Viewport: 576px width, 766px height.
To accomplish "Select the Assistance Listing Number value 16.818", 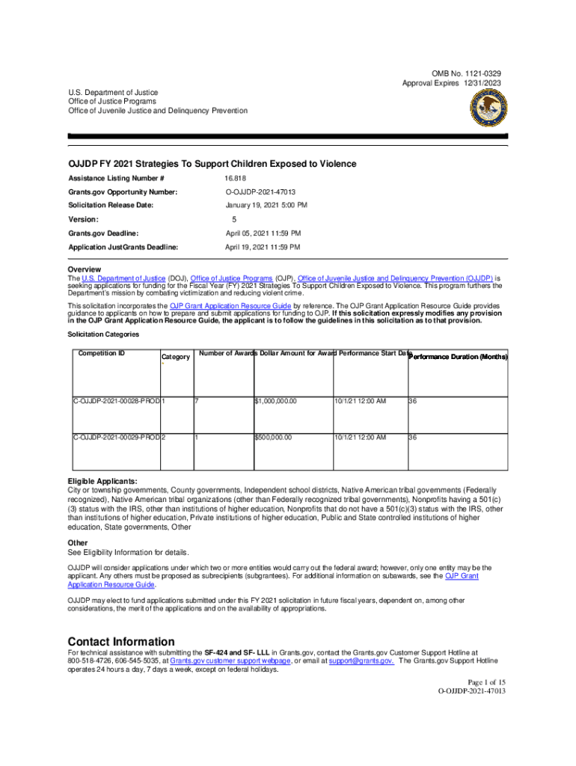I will click(235, 178).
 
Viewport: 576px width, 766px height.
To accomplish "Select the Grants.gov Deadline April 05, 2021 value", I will click(263, 233).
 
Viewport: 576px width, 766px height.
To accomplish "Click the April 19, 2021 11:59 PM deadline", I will click(263, 247).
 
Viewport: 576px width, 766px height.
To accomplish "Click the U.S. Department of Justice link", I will click(124, 278).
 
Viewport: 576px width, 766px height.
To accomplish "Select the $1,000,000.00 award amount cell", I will click(276, 401).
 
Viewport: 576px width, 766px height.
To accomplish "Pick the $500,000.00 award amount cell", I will click(274, 437).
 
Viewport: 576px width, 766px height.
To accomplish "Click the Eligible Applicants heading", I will click(102, 480).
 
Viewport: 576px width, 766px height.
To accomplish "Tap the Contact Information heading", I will click(121, 642).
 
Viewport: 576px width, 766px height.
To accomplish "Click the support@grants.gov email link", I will click(361, 661).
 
